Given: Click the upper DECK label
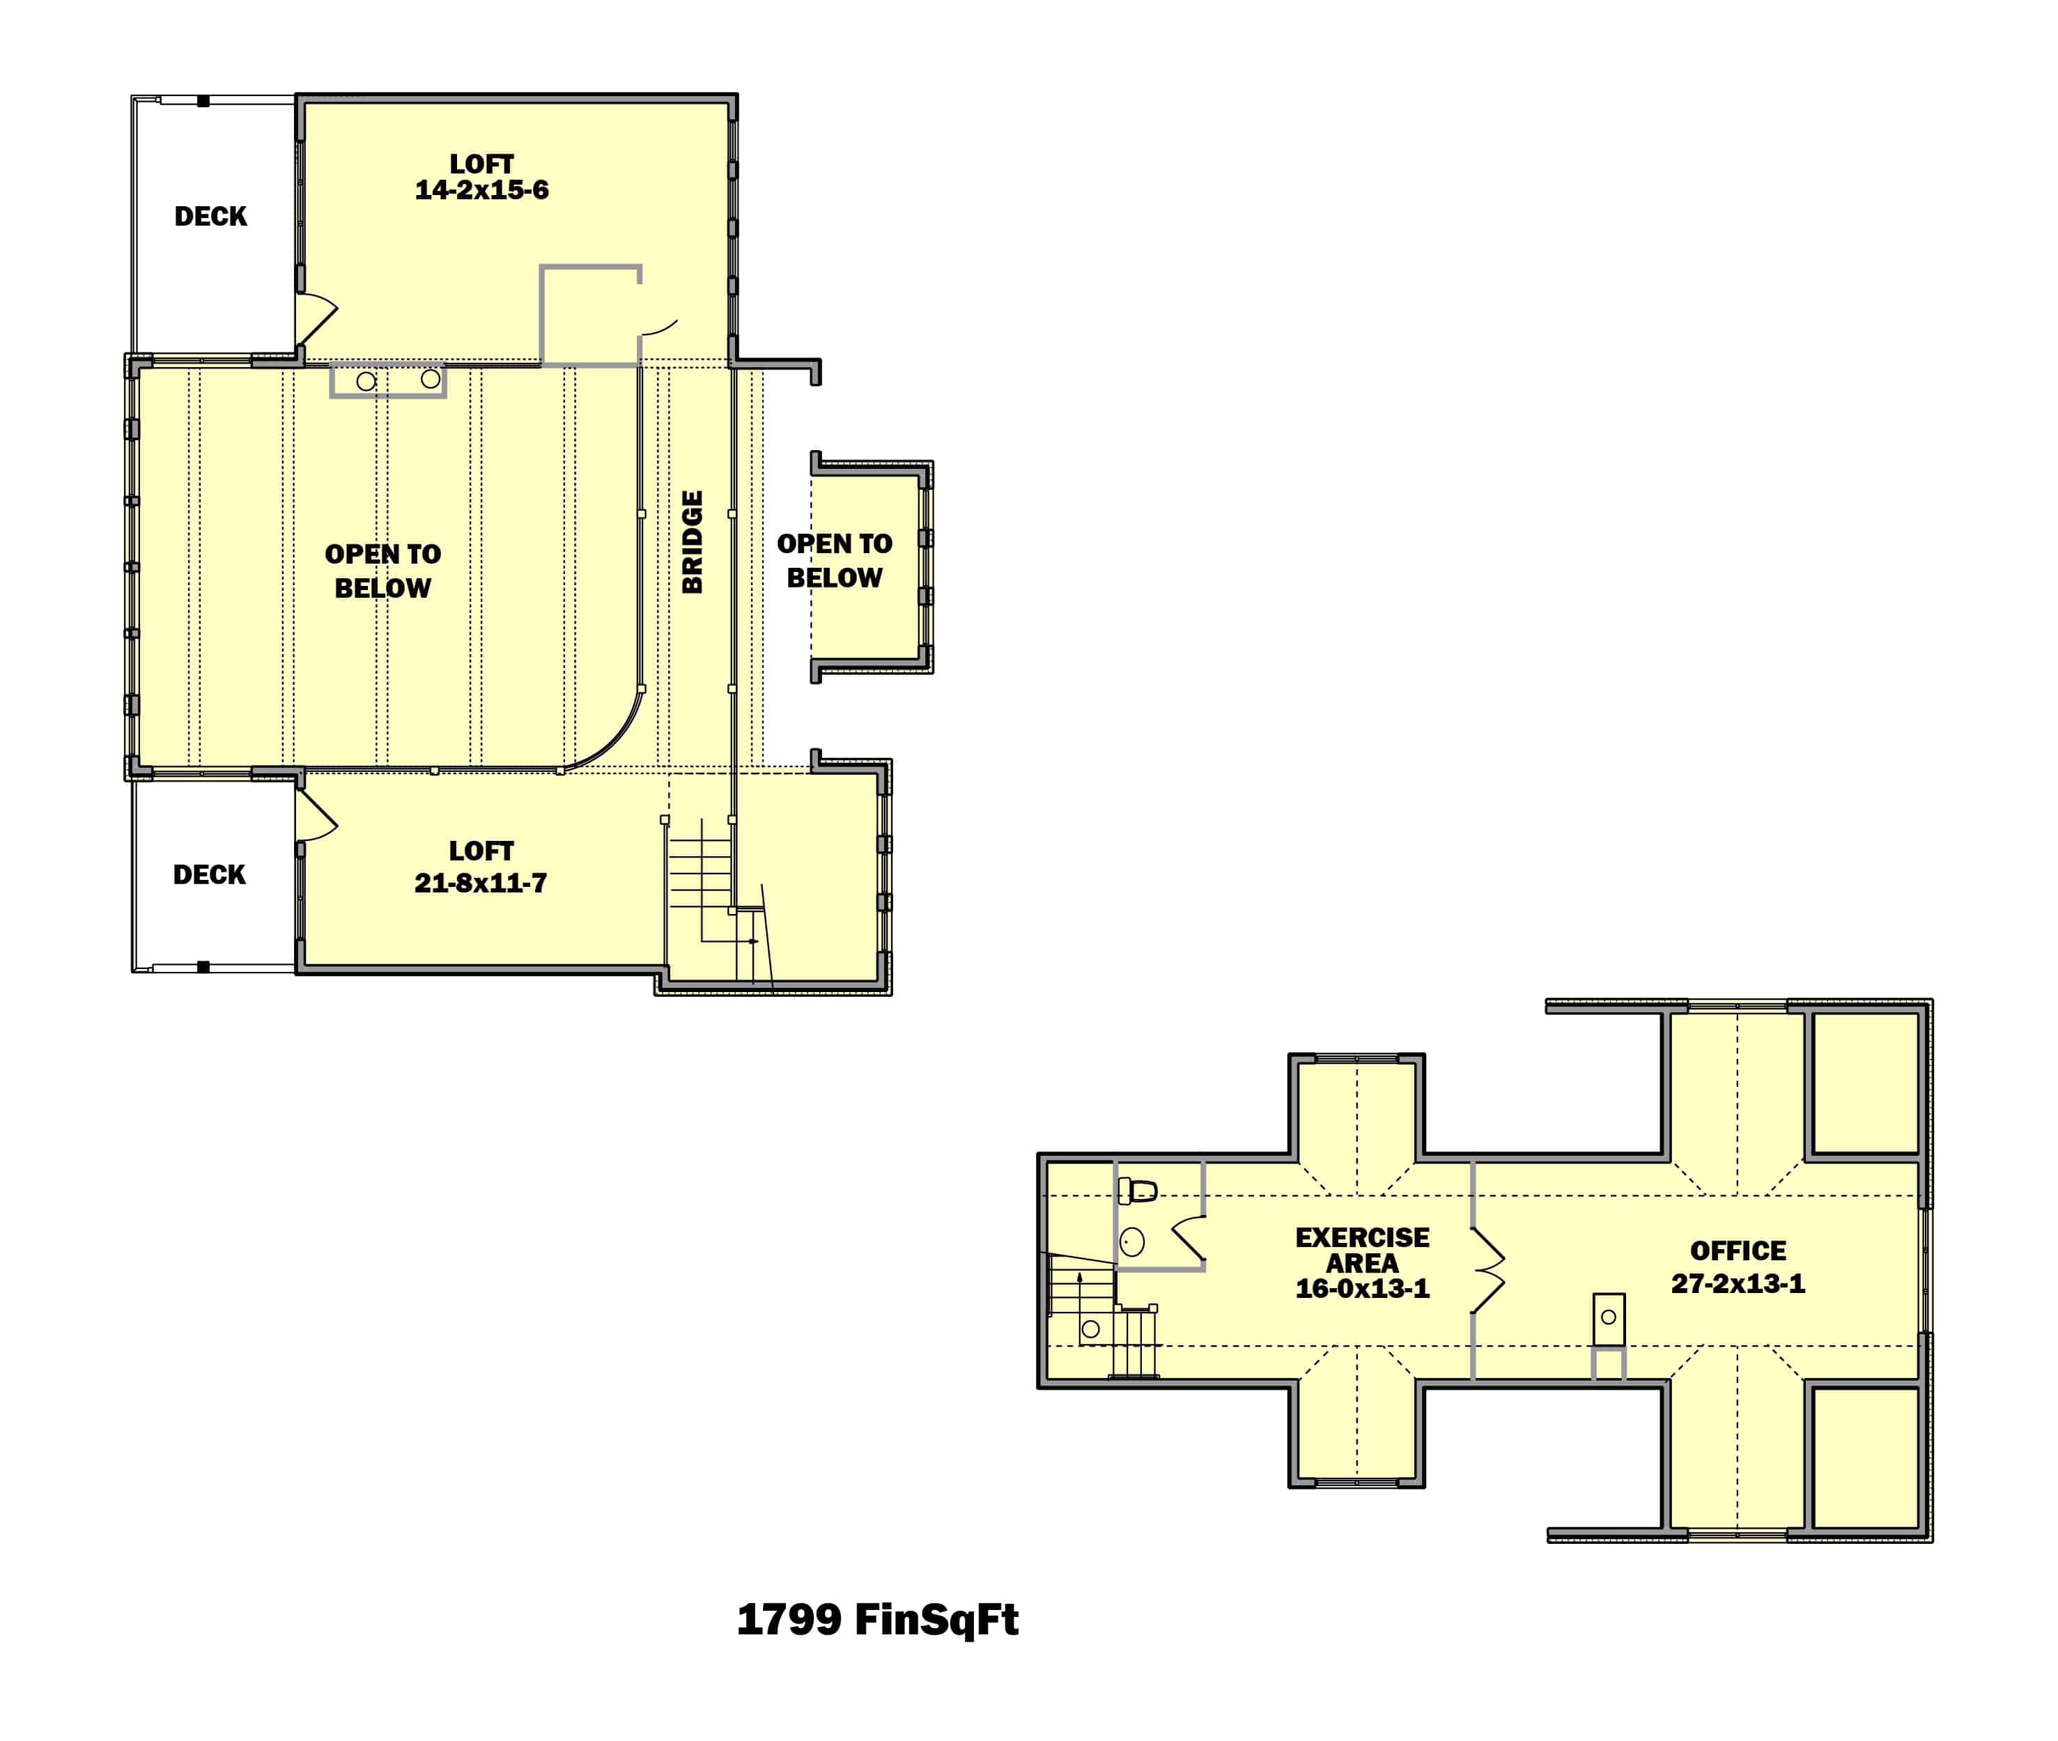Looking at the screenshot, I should pos(210,216).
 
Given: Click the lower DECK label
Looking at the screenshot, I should pos(208,874).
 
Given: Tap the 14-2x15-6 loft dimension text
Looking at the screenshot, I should pos(481,190).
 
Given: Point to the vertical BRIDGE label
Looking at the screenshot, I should pos(693,542).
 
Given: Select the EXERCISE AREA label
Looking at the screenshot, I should pos(1361,1250).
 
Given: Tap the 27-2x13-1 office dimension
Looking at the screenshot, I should pos(1738,1284).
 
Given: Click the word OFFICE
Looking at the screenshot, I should pos(1738,1251).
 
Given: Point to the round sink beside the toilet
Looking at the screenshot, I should pos(1132,1241).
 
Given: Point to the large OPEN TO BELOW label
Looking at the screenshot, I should pos(383,571).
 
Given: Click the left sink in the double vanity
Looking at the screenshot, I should pos(366,381).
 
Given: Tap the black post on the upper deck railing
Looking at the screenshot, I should pos(203,100).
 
